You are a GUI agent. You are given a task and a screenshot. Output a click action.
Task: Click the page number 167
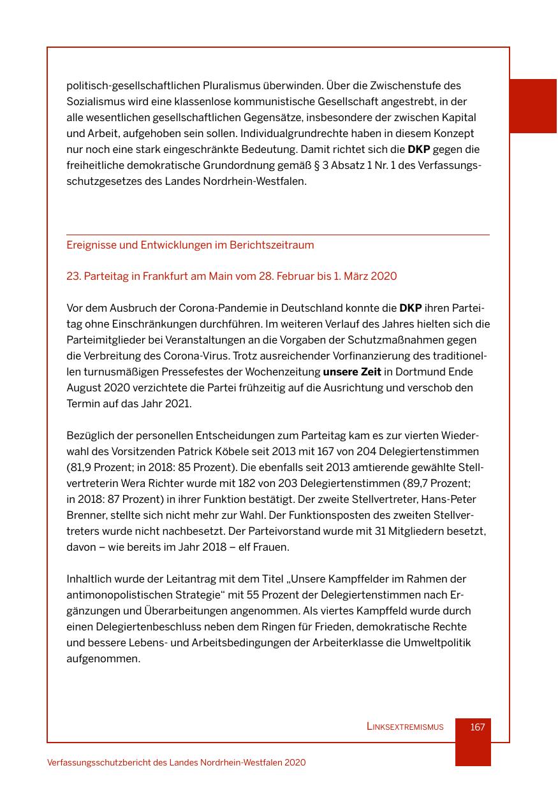[477, 727]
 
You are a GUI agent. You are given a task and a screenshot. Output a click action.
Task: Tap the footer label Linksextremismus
[405, 727]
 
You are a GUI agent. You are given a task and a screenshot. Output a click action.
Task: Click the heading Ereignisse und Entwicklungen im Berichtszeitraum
[190, 245]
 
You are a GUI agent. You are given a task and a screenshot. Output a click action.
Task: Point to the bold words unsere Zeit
[352, 372]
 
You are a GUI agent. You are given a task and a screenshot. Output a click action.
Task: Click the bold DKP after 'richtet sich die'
[419, 150]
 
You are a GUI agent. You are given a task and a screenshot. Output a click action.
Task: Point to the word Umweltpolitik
[437, 643]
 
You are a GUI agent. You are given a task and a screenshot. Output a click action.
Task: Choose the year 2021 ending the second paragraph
[178, 404]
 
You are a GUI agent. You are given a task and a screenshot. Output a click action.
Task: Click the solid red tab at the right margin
[532, 106]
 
